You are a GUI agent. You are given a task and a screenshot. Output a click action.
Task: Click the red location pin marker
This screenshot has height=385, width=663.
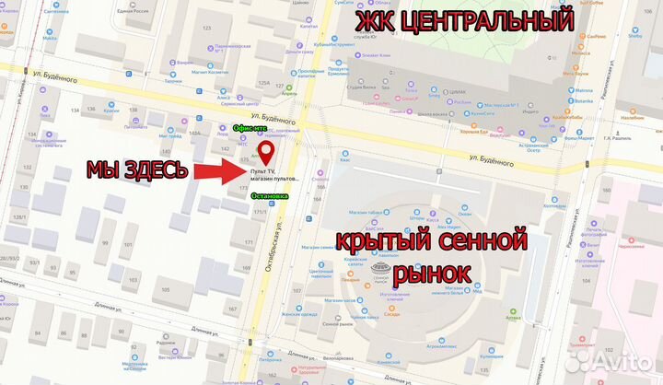(264, 151)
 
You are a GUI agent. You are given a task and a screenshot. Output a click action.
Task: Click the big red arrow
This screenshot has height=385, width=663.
(217, 170)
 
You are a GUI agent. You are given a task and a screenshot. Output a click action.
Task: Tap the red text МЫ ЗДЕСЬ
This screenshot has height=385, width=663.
(137, 170)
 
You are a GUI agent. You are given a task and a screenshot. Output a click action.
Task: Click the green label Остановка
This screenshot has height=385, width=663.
(269, 196)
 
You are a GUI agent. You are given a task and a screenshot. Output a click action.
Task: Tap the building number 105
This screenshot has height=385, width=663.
(166, 291)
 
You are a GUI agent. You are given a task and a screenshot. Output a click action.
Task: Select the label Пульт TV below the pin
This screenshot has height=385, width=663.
(262, 171)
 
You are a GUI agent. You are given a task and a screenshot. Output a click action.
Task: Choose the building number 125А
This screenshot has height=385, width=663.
(263, 84)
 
